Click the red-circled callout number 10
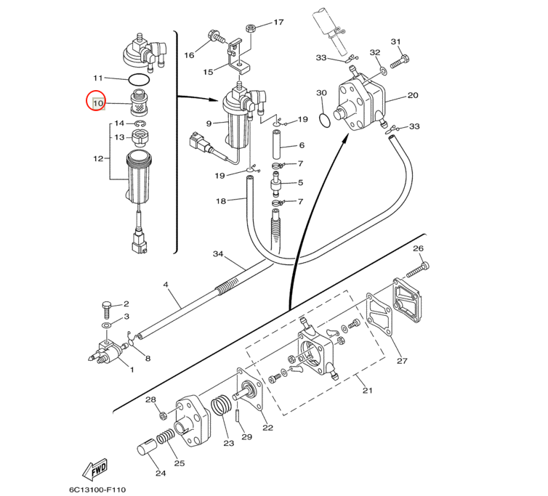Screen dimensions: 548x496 [98, 103]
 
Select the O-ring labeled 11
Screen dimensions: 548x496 [139, 80]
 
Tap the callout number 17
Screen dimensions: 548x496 [278, 22]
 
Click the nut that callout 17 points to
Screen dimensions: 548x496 [251, 28]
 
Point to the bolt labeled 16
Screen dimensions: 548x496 [217, 36]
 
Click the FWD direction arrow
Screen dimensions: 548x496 [94, 470]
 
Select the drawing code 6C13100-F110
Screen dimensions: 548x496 [97, 489]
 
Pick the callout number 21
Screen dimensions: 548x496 [367, 390]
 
